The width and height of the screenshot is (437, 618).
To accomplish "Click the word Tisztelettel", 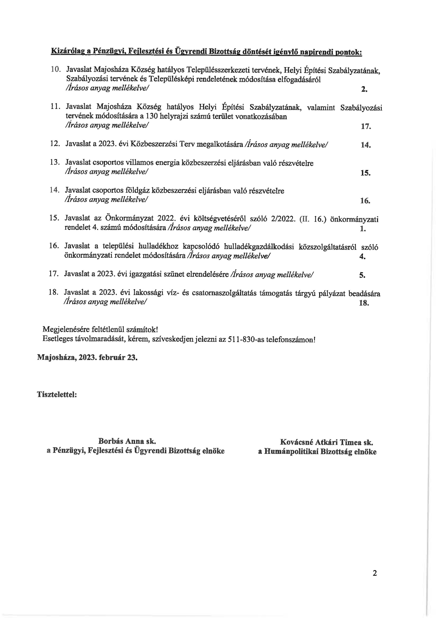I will [x=57, y=394].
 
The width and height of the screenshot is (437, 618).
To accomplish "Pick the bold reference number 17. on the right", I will [x=366, y=127].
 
